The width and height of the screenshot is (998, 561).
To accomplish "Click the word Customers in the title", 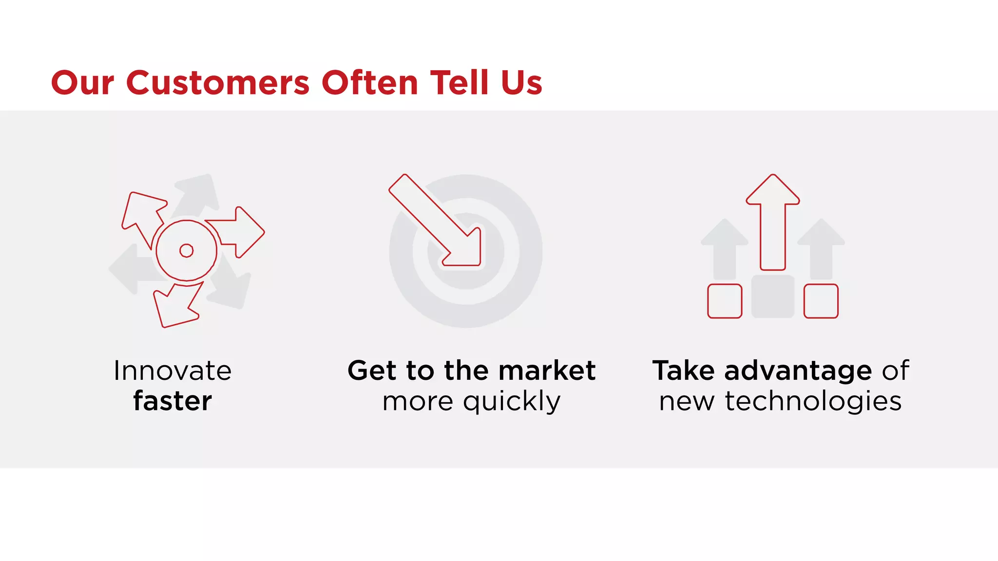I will click(x=217, y=83).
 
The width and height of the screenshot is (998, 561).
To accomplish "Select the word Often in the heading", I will click(x=369, y=83).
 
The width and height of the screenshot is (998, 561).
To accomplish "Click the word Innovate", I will click(x=173, y=371).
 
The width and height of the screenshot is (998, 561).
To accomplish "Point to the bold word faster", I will click(x=173, y=401).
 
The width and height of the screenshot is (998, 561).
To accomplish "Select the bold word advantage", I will click(x=798, y=372).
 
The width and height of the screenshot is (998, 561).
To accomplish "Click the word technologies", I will click(x=813, y=401).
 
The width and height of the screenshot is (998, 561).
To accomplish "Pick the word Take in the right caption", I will click(x=683, y=371).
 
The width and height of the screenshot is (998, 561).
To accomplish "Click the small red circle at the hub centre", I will click(x=186, y=250).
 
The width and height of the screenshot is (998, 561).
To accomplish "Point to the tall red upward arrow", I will click(x=772, y=219).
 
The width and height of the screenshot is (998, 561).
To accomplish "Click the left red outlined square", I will click(x=725, y=301).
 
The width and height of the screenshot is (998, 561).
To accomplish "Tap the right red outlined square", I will click(x=821, y=301).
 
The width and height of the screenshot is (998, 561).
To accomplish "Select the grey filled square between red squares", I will click(x=773, y=297).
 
